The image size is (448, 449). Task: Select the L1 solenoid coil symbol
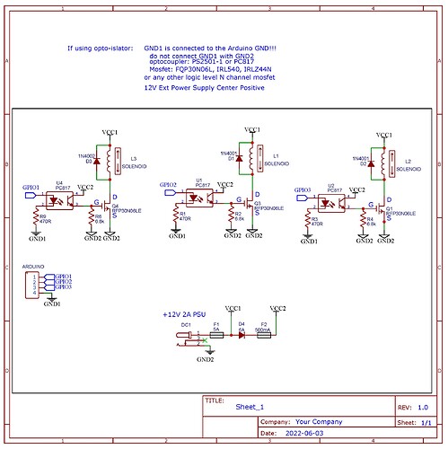click(254, 158)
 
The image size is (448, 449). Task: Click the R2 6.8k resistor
click(231, 216)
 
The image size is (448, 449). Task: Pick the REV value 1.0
click(423, 406)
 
